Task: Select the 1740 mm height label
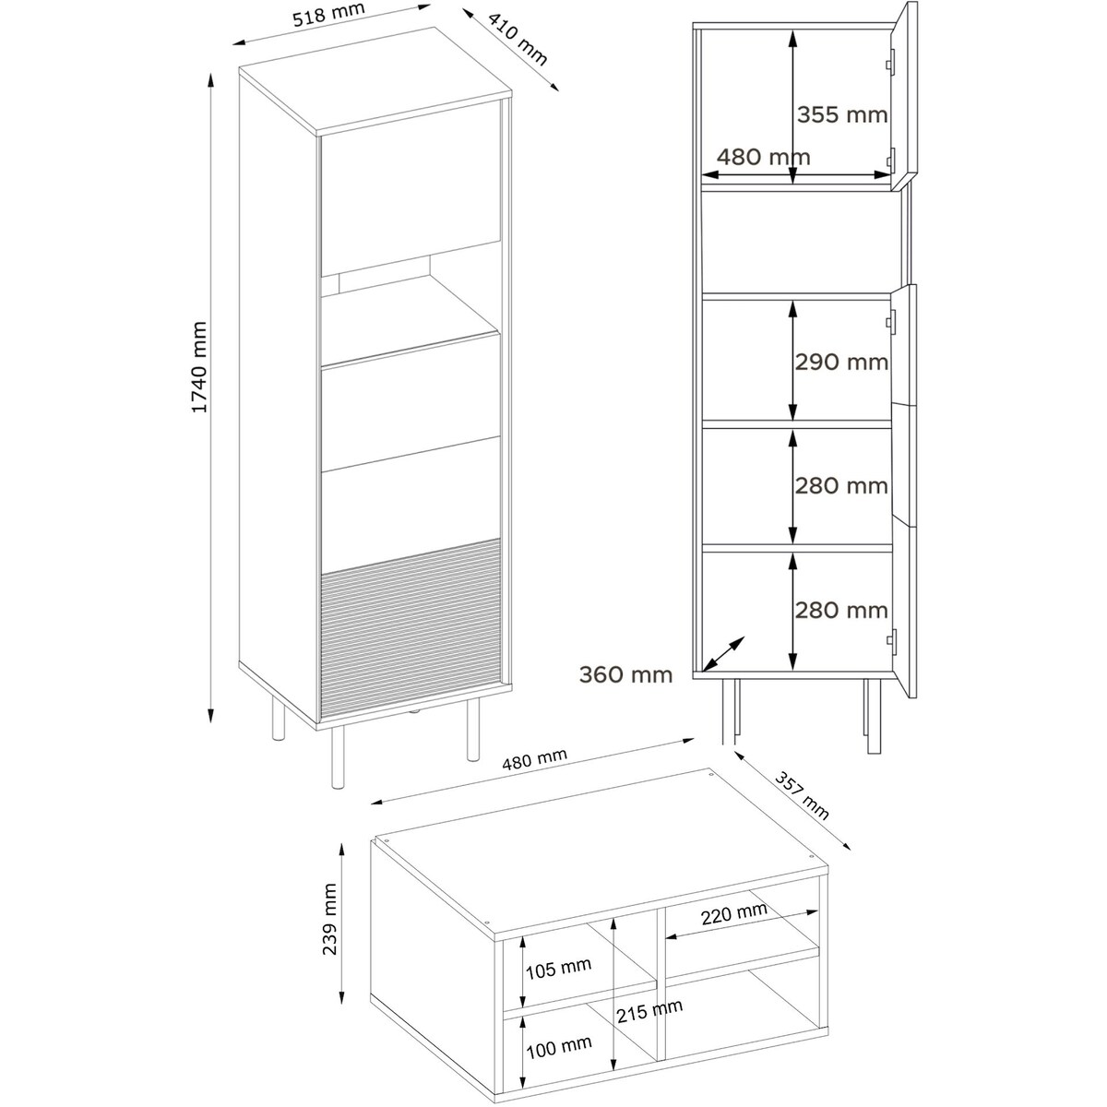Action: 198,367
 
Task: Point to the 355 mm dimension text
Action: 841,115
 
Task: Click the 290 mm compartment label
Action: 841,362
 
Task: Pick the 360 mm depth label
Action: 625,674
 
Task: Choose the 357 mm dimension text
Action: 802,795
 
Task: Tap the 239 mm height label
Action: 329,927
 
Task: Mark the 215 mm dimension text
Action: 649,1011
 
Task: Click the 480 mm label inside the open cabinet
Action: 764,157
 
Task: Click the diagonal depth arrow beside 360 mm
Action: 723,653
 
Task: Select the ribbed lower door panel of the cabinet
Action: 411,628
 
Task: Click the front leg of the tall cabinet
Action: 338,756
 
